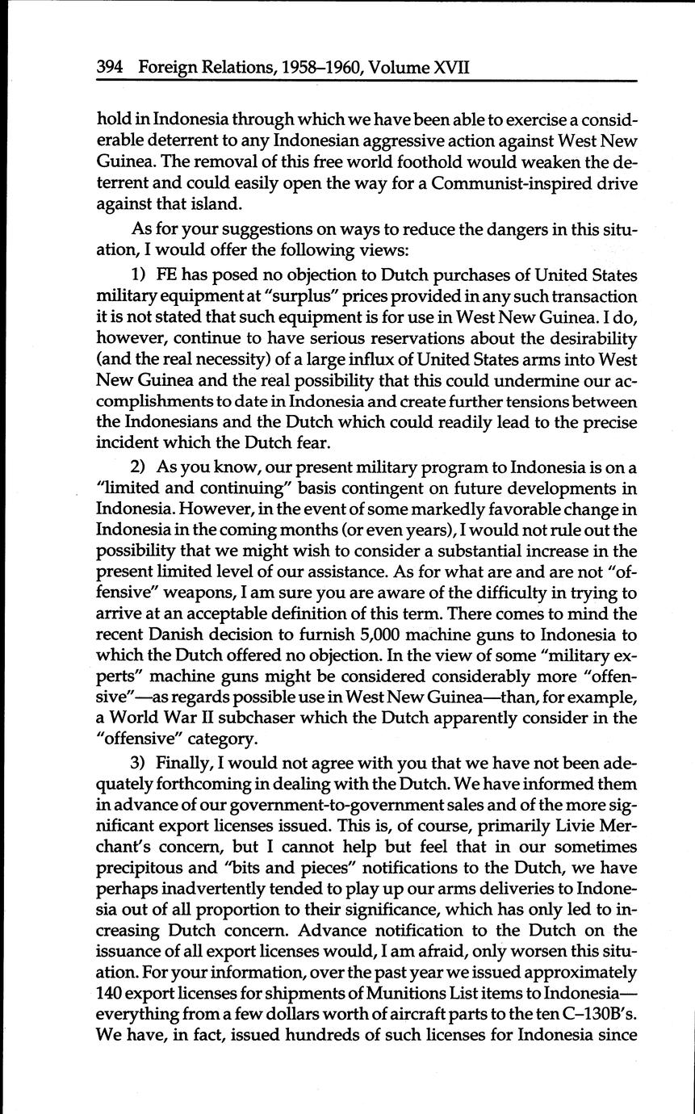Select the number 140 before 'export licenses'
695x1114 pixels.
point(109,993)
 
